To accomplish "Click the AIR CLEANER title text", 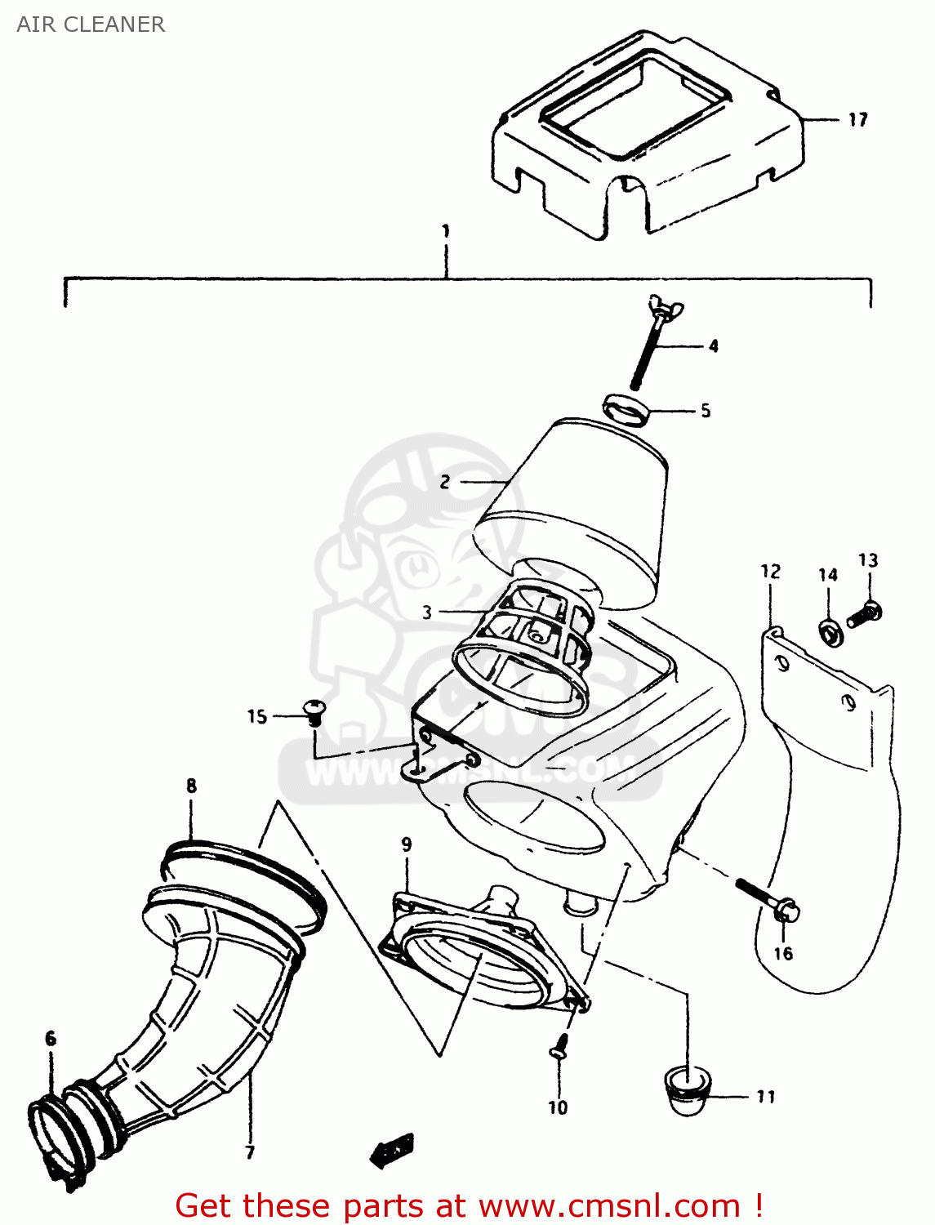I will (91, 24).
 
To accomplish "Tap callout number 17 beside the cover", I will (857, 120).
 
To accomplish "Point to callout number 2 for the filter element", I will (444, 482).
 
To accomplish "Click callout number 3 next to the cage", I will (426, 612).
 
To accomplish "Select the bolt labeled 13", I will (862, 615).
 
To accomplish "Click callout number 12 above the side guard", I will (770, 572).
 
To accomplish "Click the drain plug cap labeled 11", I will (686, 1092).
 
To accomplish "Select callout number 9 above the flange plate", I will (407, 844).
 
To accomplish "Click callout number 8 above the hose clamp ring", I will (191, 786).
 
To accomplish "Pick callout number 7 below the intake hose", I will (250, 1152).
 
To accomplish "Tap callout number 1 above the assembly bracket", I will (446, 231).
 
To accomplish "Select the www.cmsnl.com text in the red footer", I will (608, 1206).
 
